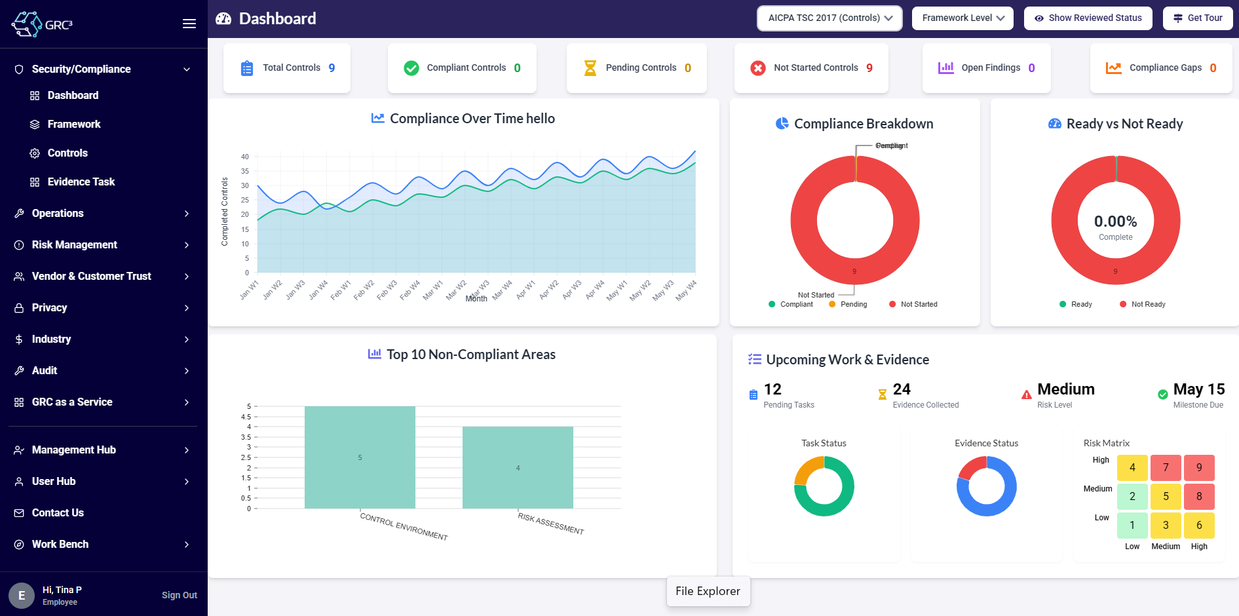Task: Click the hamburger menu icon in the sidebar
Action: [x=189, y=24]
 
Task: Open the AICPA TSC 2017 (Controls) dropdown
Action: [x=829, y=18]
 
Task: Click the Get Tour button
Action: [x=1198, y=18]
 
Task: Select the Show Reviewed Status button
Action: [x=1088, y=18]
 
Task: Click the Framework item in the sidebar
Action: [x=73, y=125]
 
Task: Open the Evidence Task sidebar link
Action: [x=81, y=182]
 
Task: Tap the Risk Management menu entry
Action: [x=74, y=245]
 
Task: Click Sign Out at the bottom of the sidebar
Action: [x=179, y=595]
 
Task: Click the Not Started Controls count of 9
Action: [x=869, y=68]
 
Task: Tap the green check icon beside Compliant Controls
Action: [x=411, y=68]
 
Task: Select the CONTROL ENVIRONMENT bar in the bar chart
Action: [x=360, y=457]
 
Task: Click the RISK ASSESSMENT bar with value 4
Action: [x=518, y=468]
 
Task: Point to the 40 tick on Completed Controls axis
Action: [x=245, y=157]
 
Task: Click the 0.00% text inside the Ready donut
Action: [x=1115, y=222]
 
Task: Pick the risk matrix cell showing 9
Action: [x=1199, y=468]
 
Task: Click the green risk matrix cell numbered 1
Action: [x=1132, y=526]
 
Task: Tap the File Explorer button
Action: [x=708, y=591]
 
